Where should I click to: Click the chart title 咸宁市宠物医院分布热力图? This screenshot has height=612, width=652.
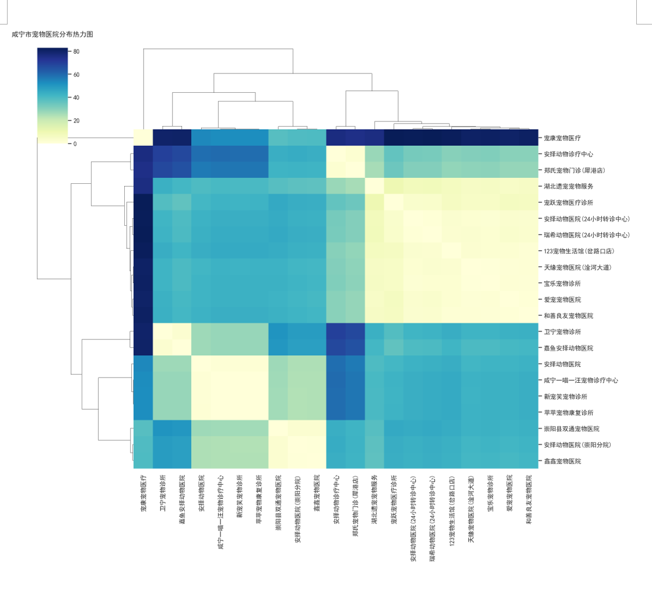[52, 34]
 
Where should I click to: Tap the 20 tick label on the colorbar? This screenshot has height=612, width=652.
[76, 121]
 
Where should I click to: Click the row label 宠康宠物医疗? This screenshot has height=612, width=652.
[562, 138]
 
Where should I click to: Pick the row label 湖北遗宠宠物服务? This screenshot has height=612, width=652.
[569, 186]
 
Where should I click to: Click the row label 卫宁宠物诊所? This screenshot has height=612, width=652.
[562, 332]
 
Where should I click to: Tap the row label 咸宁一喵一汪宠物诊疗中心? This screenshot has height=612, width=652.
[581, 380]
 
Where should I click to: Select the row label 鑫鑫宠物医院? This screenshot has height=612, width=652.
[562, 461]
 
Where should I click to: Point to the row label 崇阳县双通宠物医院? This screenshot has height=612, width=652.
[572, 429]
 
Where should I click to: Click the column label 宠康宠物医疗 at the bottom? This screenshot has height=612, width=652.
[143, 493]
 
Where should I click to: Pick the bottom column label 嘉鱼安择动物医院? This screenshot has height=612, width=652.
[182, 499]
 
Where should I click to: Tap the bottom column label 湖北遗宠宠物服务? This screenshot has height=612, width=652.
[374, 499]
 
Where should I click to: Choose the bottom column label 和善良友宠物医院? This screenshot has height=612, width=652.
[529, 499]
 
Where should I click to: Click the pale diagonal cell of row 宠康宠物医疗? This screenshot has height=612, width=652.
[143, 138]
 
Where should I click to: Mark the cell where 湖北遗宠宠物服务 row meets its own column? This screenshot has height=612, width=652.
[374, 186]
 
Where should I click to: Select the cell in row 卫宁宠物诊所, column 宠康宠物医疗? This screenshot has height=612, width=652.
[143, 331]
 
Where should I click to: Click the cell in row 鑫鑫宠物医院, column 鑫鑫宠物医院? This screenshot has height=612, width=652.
[317, 460]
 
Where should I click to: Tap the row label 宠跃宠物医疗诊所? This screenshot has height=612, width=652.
[569, 202]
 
